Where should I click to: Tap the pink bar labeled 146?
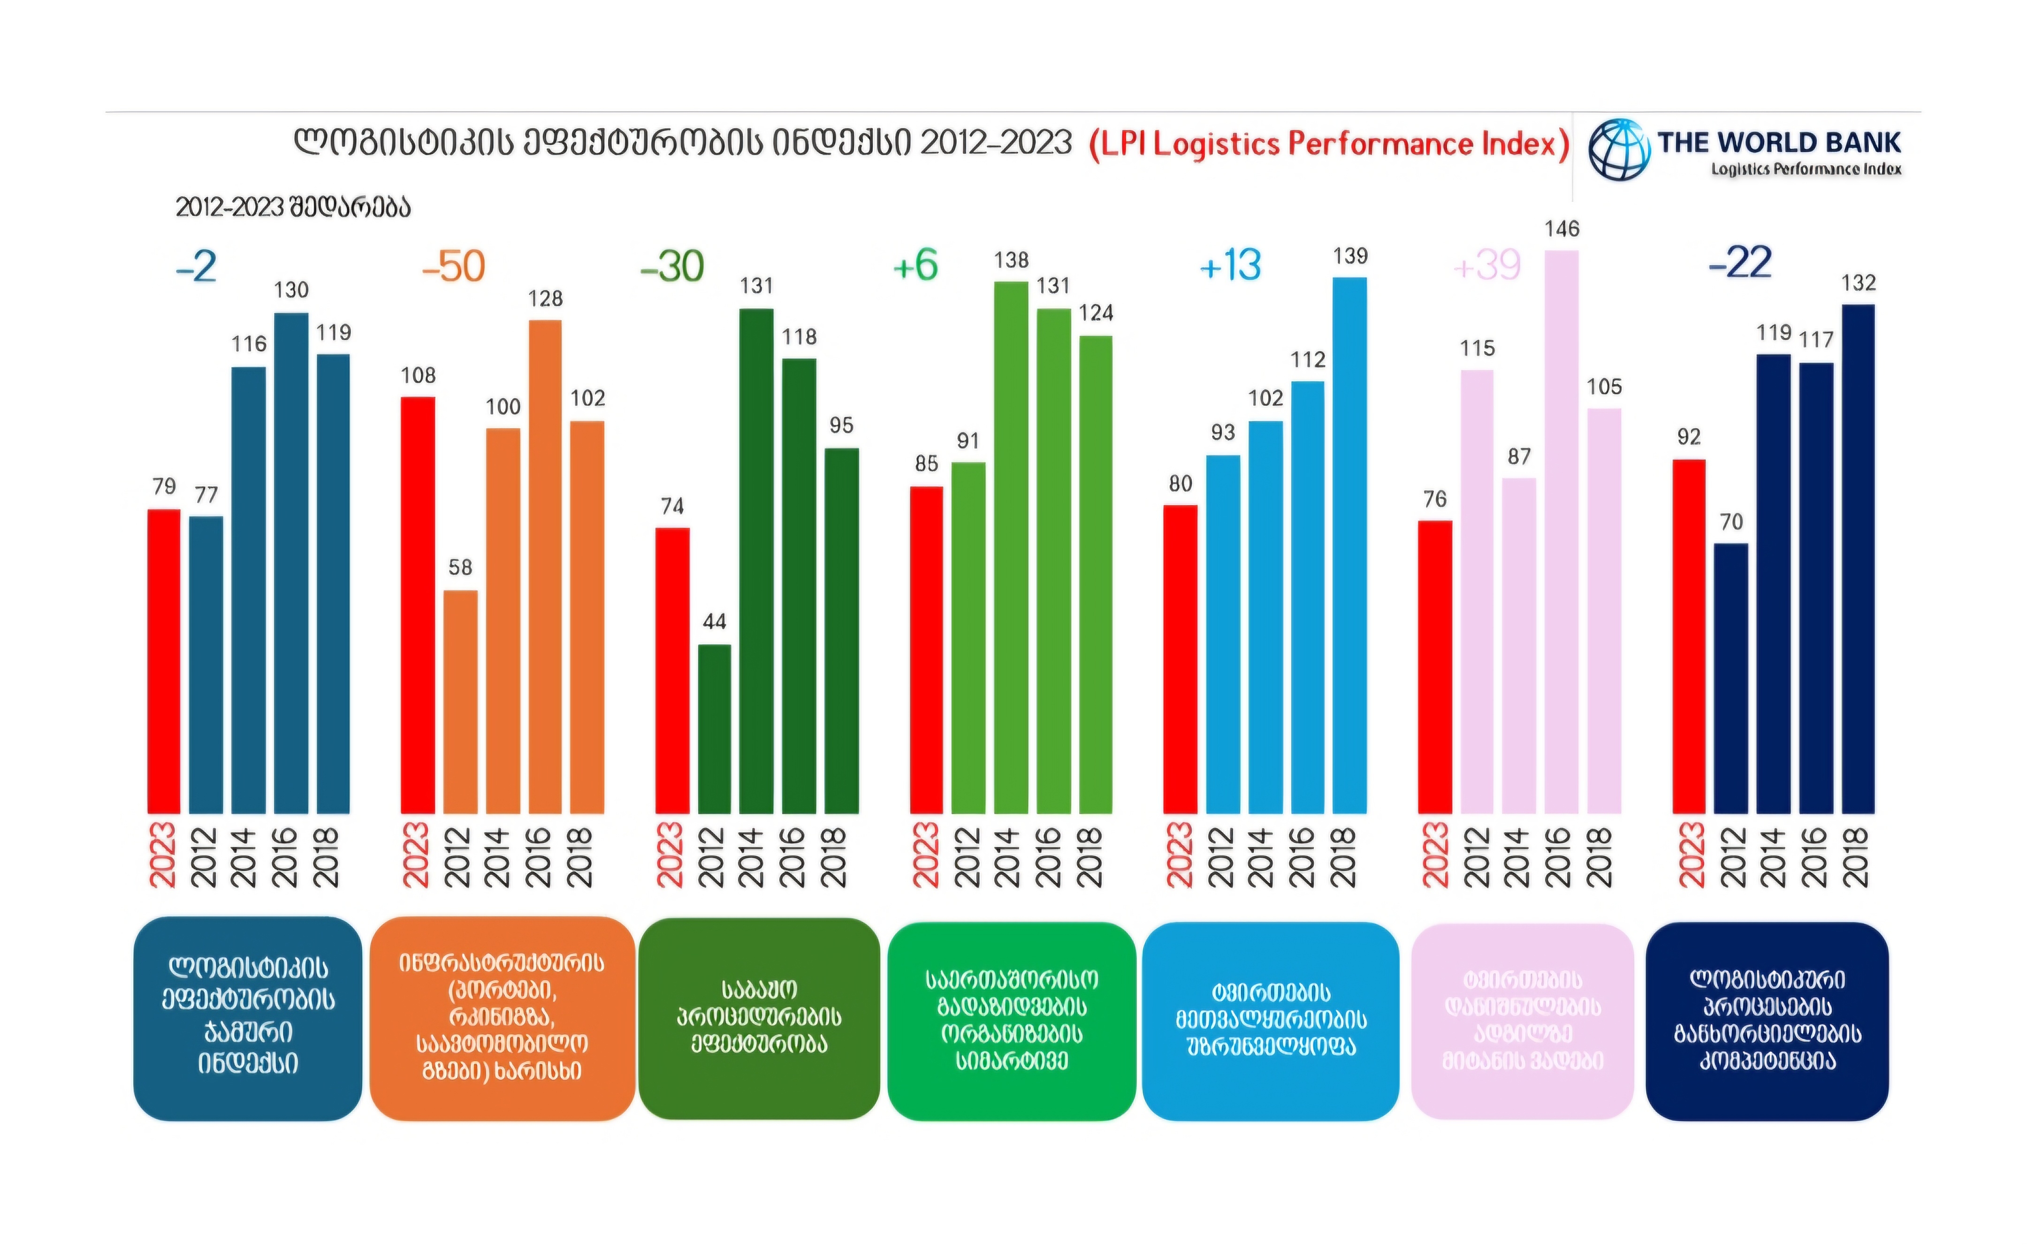(1561, 531)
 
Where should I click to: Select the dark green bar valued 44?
(714, 729)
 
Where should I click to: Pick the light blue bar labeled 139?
(1349, 545)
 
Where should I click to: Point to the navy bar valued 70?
(1731, 678)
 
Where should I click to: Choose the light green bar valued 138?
(1011, 547)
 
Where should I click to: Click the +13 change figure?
(1230, 265)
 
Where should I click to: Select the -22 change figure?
(1740, 263)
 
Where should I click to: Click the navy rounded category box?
(1767, 1021)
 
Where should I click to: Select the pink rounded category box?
(1522, 1021)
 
